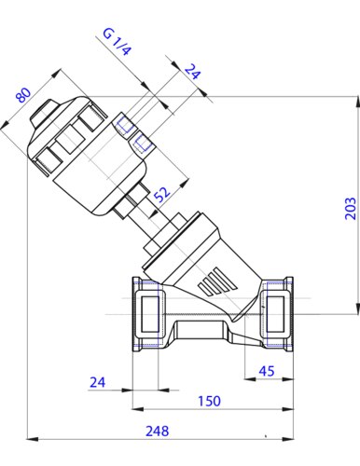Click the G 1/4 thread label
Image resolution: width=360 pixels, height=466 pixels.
[117, 42]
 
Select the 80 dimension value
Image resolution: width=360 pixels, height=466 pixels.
[23, 95]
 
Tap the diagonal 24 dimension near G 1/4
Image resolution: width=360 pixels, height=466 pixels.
[193, 71]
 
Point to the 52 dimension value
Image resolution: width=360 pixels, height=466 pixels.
[162, 194]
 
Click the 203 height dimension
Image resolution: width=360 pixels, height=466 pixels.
[351, 208]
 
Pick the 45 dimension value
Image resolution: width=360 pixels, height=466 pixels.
[267, 371]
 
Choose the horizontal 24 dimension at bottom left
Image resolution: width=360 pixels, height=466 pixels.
[98, 382]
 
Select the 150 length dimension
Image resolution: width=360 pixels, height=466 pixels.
[209, 401]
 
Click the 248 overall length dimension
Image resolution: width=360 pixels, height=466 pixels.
[158, 432]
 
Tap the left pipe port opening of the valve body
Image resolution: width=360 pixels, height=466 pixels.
[150, 314]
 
